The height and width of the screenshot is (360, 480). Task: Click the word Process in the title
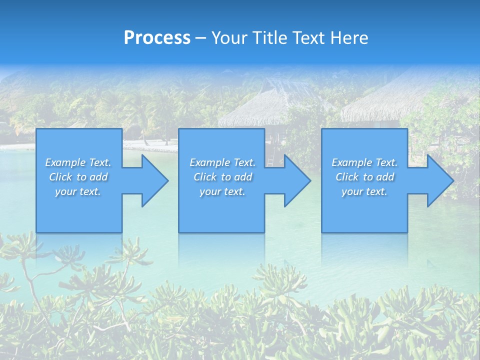point(157,38)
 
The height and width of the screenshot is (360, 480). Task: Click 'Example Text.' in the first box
point(78,162)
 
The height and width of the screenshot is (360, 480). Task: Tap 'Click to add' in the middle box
point(222,177)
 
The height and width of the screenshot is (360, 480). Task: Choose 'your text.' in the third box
point(364,191)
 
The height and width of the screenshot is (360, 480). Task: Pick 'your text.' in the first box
point(78,191)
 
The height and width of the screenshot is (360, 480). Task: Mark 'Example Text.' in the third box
point(364,162)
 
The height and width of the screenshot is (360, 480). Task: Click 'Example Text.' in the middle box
point(222,162)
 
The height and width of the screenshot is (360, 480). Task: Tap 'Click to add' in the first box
point(78,177)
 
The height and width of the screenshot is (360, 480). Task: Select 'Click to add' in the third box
point(364,177)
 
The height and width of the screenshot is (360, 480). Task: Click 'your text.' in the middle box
point(222,191)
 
